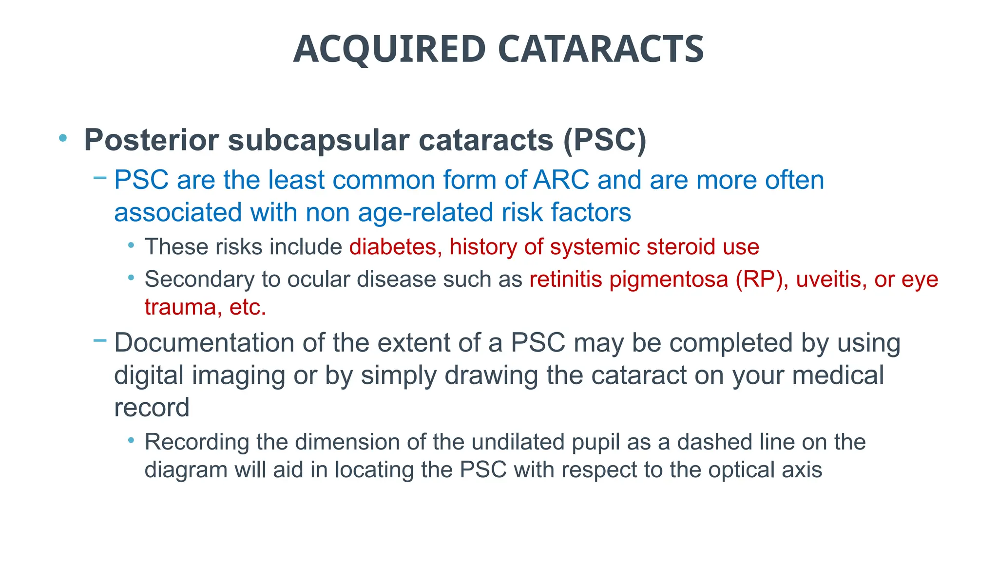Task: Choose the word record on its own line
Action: pos(152,408)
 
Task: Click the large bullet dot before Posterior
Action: pos(62,138)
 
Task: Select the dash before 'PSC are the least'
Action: pos(99,178)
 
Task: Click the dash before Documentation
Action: pos(99,340)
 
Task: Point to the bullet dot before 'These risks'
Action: pos(131,245)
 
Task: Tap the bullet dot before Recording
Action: pos(131,441)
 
